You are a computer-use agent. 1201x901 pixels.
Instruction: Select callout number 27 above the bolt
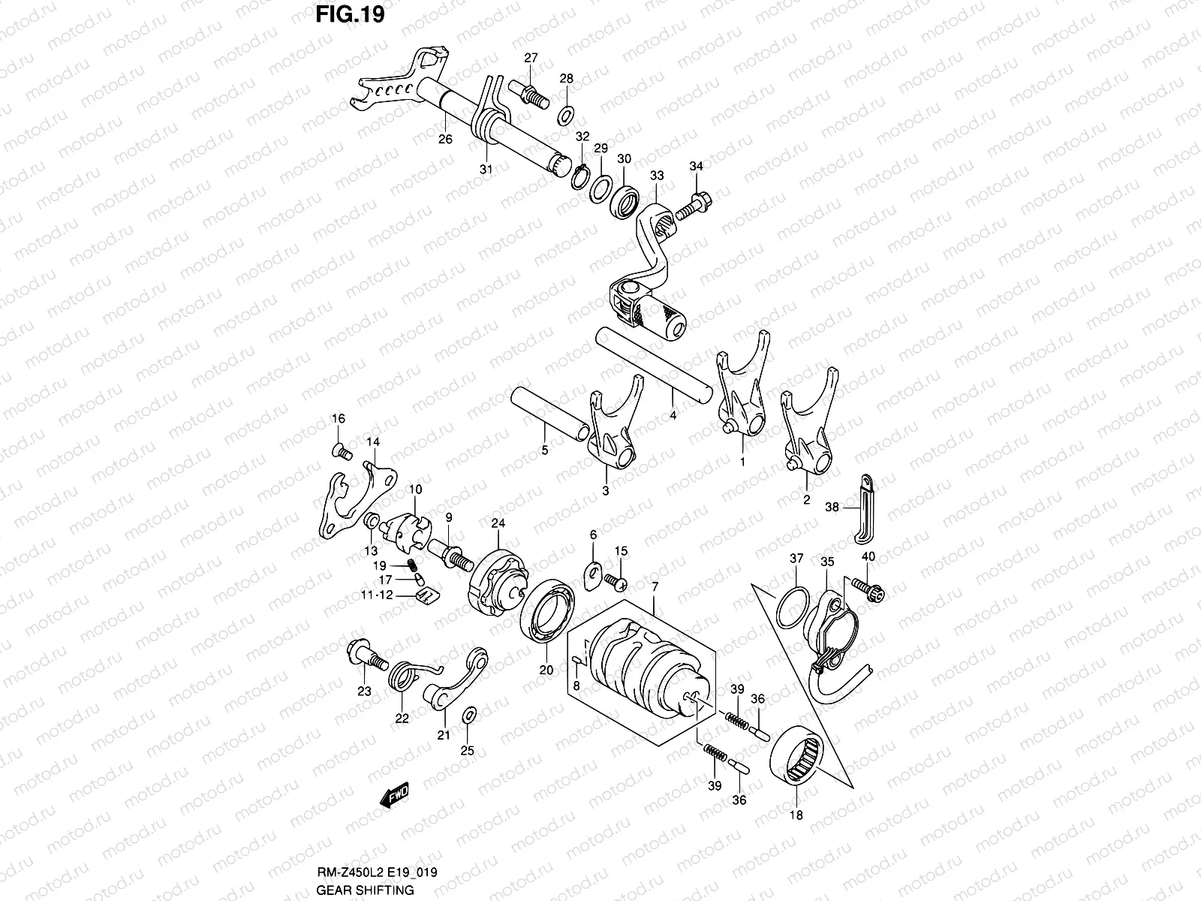tap(531, 59)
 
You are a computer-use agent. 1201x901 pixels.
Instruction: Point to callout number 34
tap(696, 166)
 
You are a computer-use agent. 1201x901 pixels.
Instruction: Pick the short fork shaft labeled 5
tap(547, 413)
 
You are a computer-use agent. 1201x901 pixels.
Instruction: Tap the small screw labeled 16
tap(342, 450)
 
